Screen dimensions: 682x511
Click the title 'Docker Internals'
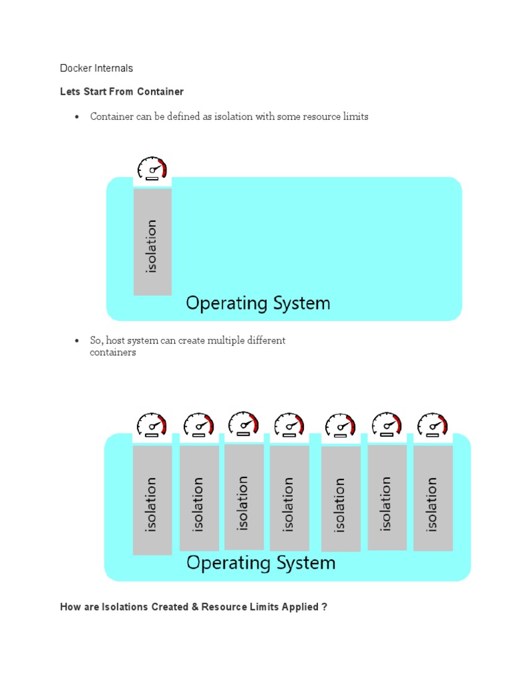pyautogui.click(x=96, y=68)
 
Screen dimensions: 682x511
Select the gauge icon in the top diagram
pyautogui.click(x=152, y=168)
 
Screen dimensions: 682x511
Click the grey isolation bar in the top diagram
pyautogui.click(x=152, y=242)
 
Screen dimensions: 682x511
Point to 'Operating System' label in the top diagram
pyautogui.click(x=257, y=304)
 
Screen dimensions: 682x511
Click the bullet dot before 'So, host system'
pyautogui.click(x=77, y=341)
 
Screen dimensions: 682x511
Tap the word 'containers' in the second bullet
pyautogui.click(x=112, y=352)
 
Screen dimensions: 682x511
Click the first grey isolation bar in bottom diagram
pyautogui.click(x=152, y=500)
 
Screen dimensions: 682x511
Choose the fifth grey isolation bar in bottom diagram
pyautogui.click(x=341, y=500)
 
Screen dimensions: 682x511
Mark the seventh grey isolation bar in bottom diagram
pyautogui.click(x=432, y=498)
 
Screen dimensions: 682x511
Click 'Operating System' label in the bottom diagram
pyautogui.click(x=261, y=563)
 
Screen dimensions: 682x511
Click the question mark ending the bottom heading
pyautogui.click(x=324, y=607)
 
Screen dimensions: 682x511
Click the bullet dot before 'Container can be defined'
pyautogui.click(x=77, y=117)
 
